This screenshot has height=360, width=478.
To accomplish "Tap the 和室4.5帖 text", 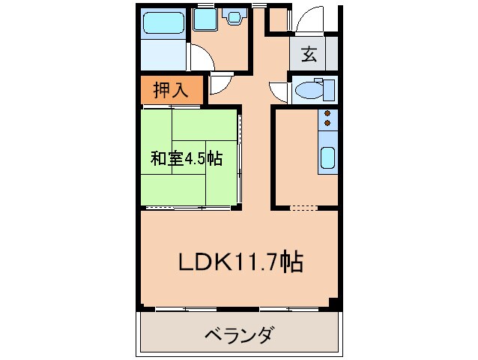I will pos(186,158).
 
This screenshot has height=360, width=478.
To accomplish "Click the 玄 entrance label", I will pos(309,54).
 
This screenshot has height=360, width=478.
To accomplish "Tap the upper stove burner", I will pos(327,114).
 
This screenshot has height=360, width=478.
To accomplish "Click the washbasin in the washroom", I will pos(236,17).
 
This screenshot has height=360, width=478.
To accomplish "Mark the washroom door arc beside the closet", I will pos(220,85).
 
